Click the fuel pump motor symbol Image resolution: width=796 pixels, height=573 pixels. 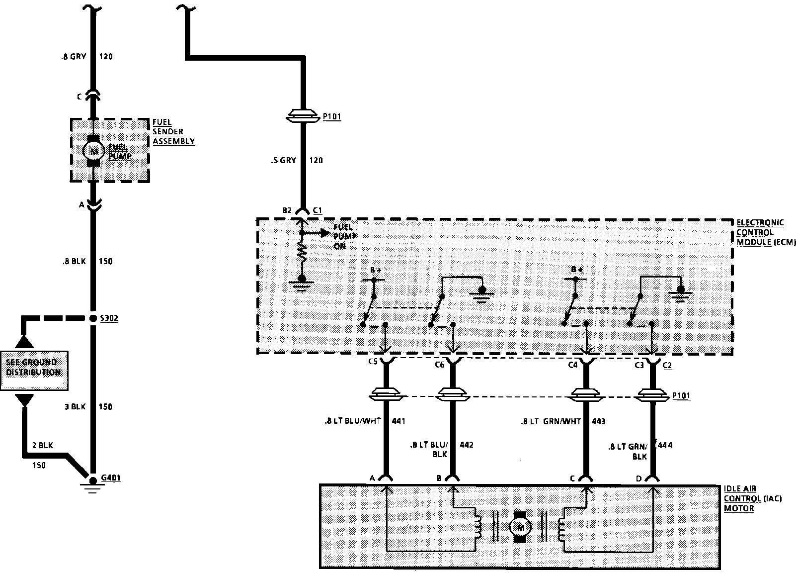pyautogui.click(x=93, y=151)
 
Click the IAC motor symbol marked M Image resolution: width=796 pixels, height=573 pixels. pyautogui.click(x=520, y=527)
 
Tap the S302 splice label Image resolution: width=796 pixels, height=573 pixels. pyautogui.click(x=109, y=318)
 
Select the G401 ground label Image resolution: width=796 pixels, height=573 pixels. pyautogui.click(x=111, y=478)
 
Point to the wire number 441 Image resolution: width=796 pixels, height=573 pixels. pyautogui.click(x=398, y=421)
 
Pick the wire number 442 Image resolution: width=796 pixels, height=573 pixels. pyautogui.click(x=467, y=445)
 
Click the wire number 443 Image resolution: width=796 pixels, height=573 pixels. pyautogui.click(x=599, y=421)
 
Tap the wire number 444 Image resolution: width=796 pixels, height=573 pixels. pyautogui.click(x=665, y=445)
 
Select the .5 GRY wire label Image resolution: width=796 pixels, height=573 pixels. pyautogui.click(x=284, y=160)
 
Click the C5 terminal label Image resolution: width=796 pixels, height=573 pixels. pyautogui.click(x=373, y=365)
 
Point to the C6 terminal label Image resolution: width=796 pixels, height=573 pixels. pyautogui.click(x=439, y=365)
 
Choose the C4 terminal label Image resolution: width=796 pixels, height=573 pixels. pyautogui.click(x=572, y=365)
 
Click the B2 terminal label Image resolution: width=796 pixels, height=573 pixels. pyautogui.click(x=287, y=210)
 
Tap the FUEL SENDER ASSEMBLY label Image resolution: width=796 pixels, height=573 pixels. pyautogui.click(x=173, y=132)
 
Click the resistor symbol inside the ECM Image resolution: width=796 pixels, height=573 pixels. pyautogui.click(x=302, y=254)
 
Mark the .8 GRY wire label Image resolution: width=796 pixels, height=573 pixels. pyautogui.click(x=71, y=56)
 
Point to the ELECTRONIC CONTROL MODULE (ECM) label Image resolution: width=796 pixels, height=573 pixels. pyautogui.click(x=765, y=232)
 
